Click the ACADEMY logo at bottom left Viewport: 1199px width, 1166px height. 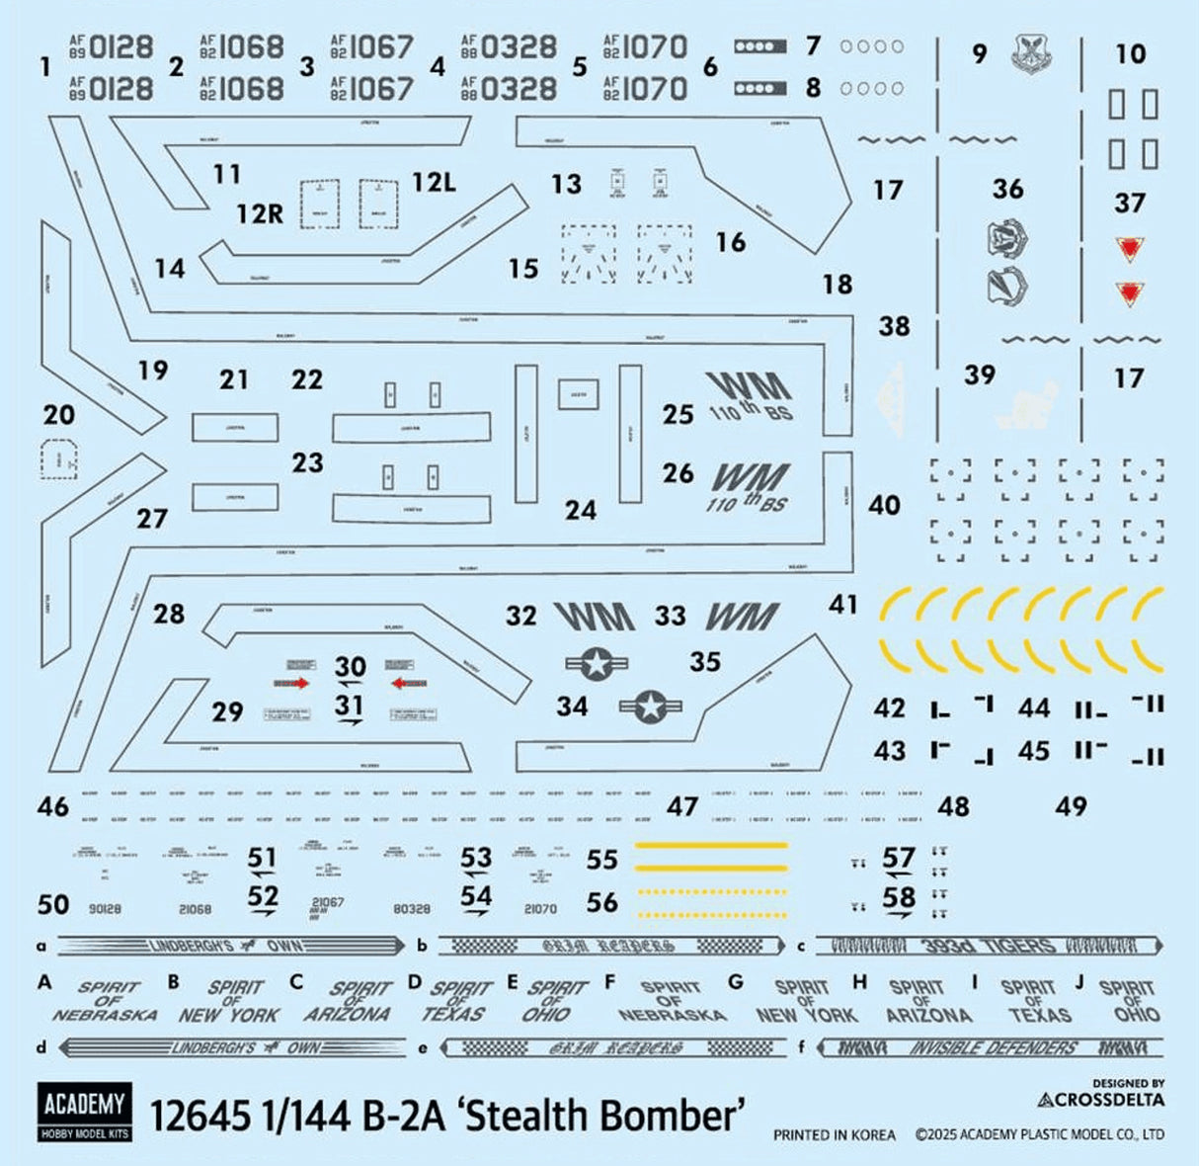click(85, 1112)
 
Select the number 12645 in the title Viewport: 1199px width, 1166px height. click(200, 1116)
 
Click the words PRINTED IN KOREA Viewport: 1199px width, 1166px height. click(835, 1135)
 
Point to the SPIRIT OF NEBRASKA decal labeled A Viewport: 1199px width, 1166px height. click(106, 1000)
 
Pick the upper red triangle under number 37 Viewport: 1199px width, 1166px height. click(1128, 249)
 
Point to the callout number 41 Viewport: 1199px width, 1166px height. click(842, 603)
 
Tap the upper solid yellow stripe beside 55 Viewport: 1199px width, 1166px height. click(711, 846)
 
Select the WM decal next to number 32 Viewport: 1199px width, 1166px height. click(594, 617)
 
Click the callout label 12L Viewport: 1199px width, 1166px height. click(434, 182)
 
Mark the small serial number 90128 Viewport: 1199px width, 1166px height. click(104, 908)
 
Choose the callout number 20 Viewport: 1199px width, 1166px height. click(59, 414)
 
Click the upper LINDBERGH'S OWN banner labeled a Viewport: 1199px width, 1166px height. click(230, 946)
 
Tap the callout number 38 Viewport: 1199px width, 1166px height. click(894, 326)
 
